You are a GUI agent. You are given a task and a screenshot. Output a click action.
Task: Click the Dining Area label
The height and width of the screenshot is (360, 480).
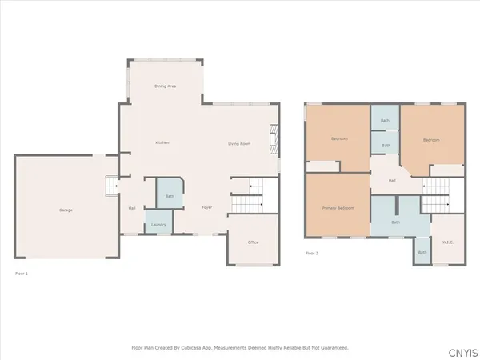(166, 86)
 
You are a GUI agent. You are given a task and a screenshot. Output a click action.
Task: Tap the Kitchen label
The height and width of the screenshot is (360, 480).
(162, 142)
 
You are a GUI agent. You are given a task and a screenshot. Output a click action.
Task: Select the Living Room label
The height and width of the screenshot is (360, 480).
(239, 143)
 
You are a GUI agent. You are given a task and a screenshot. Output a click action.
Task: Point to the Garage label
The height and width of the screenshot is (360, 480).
(66, 210)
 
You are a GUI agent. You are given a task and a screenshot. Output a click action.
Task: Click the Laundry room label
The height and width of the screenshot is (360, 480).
(158, 225)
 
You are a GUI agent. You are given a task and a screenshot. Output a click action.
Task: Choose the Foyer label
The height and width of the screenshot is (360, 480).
(206, 207)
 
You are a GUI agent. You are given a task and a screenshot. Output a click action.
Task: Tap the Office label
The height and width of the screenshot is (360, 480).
(253, 242)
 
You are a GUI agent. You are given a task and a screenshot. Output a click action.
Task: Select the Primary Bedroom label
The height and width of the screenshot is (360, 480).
(337, 207)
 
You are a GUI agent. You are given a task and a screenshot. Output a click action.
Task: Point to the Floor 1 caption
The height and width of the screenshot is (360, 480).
(22, 274)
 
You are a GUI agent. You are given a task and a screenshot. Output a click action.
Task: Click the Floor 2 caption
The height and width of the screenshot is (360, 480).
(311, 253)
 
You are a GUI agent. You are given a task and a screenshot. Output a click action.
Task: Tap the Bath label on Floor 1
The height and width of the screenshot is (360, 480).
(170, 196)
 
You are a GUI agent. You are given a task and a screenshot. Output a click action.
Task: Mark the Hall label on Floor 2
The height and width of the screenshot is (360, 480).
(392, 181)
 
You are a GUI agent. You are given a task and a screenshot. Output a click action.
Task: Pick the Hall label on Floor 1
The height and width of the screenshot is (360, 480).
(132, 208)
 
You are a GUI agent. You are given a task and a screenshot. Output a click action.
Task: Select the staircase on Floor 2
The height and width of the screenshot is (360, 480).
(437, 194)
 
